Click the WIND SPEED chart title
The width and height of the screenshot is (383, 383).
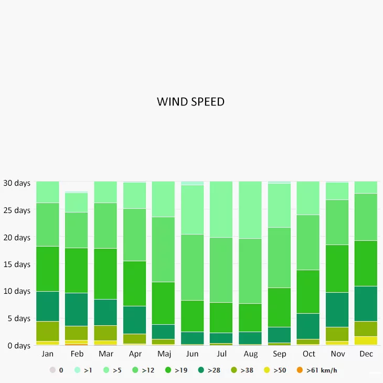[x=190, y=102]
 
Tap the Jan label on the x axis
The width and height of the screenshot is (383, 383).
[x=47, y=354]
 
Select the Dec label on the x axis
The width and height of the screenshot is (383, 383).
[x=366, y=354]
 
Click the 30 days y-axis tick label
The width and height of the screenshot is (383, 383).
[x=17, y=184]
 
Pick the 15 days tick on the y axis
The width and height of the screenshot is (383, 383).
[x=17, y=264]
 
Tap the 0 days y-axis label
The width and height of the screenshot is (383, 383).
[x=18, y=346]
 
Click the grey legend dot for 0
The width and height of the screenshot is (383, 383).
[x=52, y=370]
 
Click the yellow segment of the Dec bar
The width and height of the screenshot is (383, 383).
[x=366, y=341]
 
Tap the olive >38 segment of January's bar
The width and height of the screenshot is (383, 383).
[x=47, y=331]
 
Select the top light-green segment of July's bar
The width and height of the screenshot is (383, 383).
[x=221, y=209]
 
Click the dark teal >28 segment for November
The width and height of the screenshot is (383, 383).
[x=337, y=310]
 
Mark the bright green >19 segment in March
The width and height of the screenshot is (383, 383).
[x=105, y=274]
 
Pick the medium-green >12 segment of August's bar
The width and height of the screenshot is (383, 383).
[x=250, y=271]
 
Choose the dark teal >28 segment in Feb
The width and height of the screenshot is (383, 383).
[x=77, y=310]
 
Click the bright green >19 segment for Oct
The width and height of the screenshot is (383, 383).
[x=308, y=292]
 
